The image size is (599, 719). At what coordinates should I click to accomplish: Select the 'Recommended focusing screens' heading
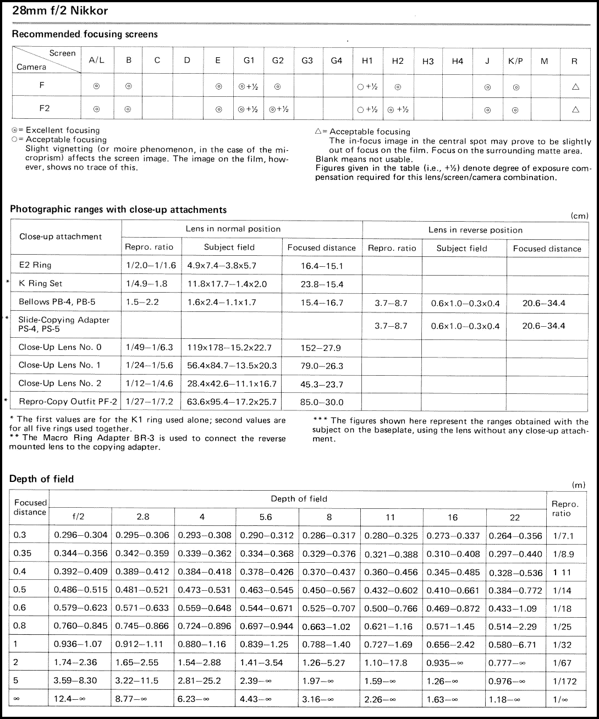pos(85,34)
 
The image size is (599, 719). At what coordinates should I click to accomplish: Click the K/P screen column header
pos(515,61)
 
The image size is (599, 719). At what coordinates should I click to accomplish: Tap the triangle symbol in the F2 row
pos(575,109)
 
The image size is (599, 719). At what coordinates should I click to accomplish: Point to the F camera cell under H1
pos(367,86)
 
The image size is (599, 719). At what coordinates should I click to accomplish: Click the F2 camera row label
pos(45,108)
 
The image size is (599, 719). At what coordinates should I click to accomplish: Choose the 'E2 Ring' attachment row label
pos(35,265)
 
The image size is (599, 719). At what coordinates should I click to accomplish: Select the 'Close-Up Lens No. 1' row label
pos(59,365)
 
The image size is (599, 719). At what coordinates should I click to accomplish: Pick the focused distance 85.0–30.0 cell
pos(322,402)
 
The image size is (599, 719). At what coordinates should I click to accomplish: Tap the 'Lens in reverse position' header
pos(475,229)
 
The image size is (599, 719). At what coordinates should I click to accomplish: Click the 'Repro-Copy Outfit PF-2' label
pos(68,402)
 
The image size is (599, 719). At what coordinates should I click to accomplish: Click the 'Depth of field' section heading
pos(41,479)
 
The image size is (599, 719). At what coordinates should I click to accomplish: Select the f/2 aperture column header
pos(79,517)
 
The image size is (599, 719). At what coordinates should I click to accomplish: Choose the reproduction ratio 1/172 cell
pos(564,681)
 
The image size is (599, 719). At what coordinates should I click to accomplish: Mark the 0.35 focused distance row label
pos(21,553)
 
